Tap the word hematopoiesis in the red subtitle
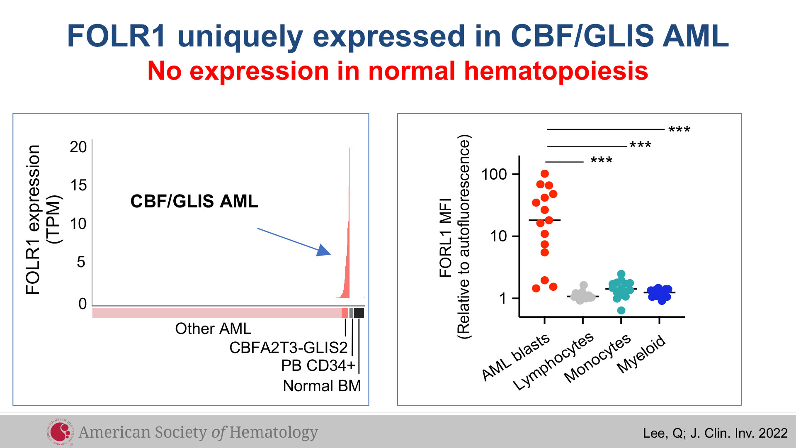coord(556,71)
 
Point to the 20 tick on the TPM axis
coord(78,147)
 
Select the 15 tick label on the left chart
coord(78,185)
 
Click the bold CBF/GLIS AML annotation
coord(194,201)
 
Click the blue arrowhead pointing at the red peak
coord(324,250)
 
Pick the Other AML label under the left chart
coord(213,329)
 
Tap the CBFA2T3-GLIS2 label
coord(289,348)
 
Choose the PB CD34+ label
coord(318,365)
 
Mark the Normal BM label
coord(322,386)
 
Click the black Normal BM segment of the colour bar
coord(359,313)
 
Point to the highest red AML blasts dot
coord(545,174)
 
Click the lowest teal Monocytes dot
coord(621,310)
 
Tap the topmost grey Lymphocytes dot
coord(584,285)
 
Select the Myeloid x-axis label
coord(641,354)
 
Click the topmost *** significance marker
coord(680,130)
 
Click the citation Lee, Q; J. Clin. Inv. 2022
coord(715,433)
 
